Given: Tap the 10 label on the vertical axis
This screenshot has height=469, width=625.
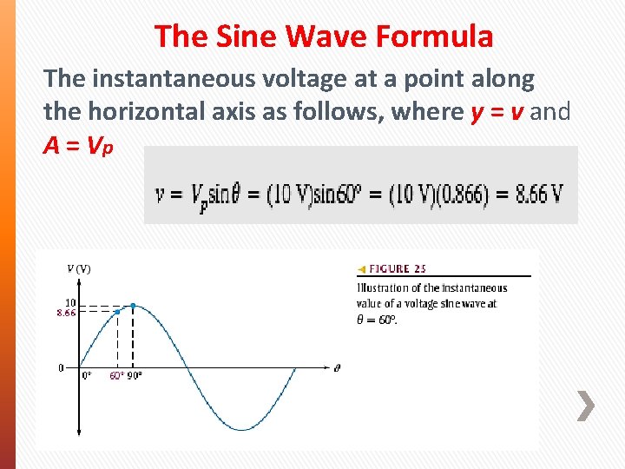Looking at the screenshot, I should click(70, 302).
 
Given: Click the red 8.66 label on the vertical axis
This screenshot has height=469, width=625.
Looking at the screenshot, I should click(66, 313).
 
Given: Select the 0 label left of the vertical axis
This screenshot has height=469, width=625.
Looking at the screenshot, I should click(61, 367).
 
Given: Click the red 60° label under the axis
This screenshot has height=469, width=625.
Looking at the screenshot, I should click(116, 376).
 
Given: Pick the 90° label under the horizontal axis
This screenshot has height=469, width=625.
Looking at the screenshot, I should click(135, 376).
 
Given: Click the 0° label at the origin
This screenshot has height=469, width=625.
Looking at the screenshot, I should click(87, 376).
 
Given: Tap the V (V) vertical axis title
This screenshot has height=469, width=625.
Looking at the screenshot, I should click(78, 268).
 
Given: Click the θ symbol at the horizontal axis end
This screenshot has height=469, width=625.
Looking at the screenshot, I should click(337, 367).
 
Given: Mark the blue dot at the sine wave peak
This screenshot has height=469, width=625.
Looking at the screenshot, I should click(133, 305).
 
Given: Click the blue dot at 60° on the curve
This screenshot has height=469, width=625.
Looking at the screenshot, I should click(117, 312).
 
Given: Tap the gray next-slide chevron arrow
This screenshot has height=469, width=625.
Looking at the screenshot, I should click(587, 406).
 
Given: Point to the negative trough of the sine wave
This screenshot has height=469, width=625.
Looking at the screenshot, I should click(242, 429).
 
